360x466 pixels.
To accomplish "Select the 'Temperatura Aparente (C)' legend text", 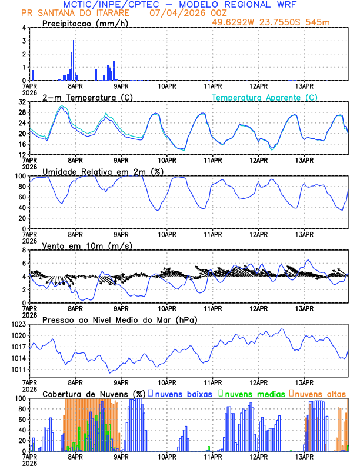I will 265,97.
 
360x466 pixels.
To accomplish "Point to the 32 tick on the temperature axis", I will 22,102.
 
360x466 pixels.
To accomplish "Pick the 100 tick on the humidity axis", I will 21,176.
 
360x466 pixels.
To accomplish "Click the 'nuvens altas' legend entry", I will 319,393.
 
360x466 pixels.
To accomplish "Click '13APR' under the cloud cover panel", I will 304,456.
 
